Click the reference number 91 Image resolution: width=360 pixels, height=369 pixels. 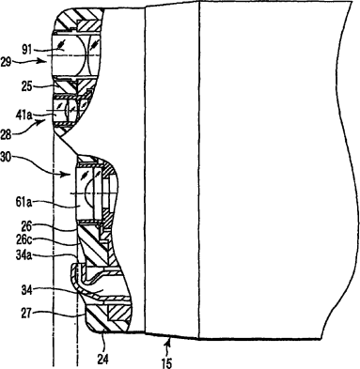[27, 50]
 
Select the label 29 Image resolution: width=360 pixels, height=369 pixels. [7, 61]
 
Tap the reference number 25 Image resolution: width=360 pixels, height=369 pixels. [26, 85]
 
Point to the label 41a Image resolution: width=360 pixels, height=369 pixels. [24, 115]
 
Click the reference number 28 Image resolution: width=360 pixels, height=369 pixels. [7, 135]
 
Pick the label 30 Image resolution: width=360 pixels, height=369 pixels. [7, 157]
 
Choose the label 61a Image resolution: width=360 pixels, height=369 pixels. [24, 203]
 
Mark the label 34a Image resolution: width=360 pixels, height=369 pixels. [24, 256]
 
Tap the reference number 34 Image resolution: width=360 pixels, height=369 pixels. [27, 291]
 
